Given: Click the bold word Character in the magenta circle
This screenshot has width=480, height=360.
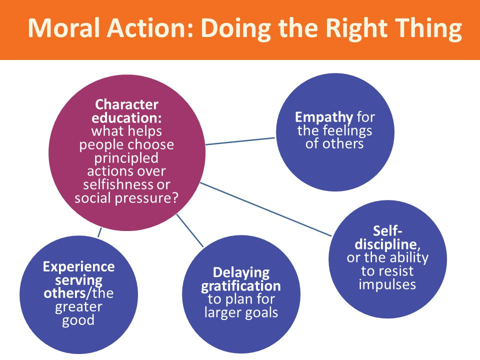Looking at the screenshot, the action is [x=126, y=104].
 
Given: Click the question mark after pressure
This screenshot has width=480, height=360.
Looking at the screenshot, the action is [x=174, y=197].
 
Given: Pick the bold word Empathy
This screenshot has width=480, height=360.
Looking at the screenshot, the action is [x=324, y=118].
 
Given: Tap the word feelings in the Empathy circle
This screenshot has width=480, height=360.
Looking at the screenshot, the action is [x=347, y=131].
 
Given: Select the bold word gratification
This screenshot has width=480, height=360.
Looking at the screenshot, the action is [x=240, y=286].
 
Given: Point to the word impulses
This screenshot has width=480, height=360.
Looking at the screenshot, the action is [x=387, y=284].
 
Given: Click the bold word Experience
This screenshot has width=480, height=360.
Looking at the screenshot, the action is [x=78, y=267].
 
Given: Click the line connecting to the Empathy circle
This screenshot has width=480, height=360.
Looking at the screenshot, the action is [x=240, y=141].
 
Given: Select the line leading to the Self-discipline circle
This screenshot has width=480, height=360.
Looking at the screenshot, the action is [x=265, y=209].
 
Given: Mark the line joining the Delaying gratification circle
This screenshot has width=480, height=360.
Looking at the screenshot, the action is [x=190, y=230].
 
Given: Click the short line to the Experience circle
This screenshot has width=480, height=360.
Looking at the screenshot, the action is [x=99, y=232].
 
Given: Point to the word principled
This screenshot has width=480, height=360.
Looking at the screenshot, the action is [x=126, y=158].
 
